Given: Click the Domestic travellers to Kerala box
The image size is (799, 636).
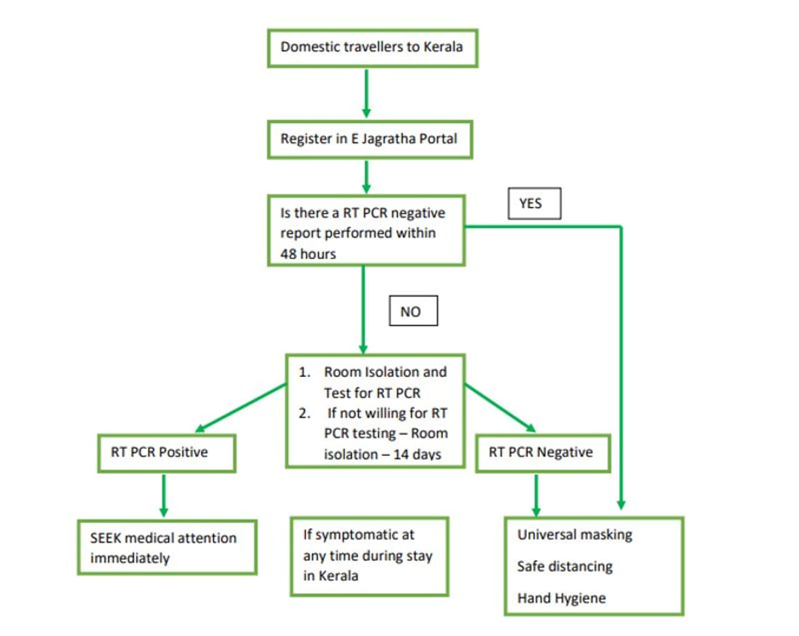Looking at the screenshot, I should click(x=372, y=47).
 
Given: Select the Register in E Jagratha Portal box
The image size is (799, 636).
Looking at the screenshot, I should click(x=370, y=139).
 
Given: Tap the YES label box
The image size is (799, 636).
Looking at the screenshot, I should click(x=534, y=203).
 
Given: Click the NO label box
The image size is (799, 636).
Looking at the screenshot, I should click(x=413, y=311).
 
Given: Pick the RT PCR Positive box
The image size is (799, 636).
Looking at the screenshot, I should click(x=166, y=453).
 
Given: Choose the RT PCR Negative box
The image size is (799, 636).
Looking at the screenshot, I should click(x=542, y=453).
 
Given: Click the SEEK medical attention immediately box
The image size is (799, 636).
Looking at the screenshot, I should click(x=166, y=547).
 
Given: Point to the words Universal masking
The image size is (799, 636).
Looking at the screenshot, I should click(x=574, y=535).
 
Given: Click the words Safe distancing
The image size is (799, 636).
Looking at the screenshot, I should click(x=564, y=567).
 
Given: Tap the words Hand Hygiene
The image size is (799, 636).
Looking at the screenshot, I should click(x=561, y=599).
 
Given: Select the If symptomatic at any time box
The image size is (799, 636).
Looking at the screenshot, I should click(x=369, y=555).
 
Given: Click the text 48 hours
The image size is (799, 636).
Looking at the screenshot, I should click(x=308, y=254).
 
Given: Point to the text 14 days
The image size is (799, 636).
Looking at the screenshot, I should click(x=417, y=455).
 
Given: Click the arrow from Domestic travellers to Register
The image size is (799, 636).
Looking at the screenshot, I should click(x=366, y=93).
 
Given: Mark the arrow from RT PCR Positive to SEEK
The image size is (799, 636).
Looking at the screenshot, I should click(x=164, y=496).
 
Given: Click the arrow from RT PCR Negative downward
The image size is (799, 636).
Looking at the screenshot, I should click(x=536, y=496).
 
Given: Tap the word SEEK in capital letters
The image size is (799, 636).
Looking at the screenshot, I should click(x=105, y=538).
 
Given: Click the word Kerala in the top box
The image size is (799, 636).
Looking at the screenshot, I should click(x=443, y=47).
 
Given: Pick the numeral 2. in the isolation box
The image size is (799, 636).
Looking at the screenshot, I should click(x=305, y=413).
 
